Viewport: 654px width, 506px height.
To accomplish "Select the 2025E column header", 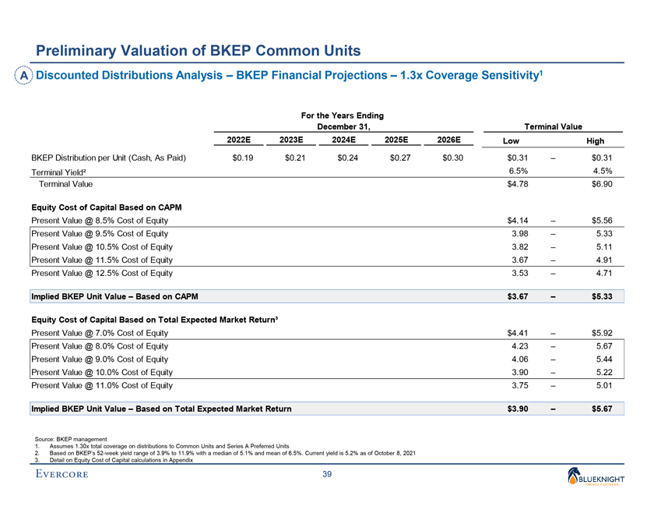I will point(397,140).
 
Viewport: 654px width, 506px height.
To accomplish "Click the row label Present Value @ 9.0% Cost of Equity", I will point(99,359).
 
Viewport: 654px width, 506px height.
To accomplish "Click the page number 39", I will point(327,476).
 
